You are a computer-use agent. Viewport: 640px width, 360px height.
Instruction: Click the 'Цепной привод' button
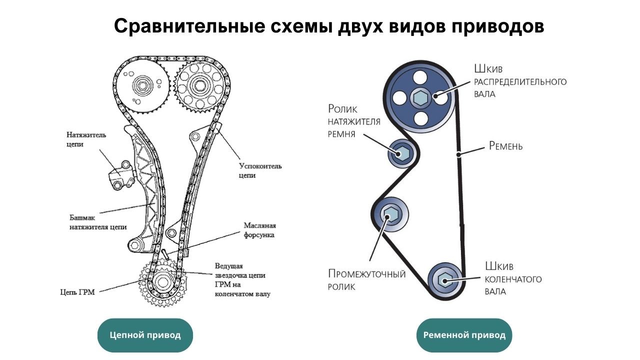pos(145,335)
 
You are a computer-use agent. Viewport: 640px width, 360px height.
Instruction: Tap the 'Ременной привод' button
pos(464,335)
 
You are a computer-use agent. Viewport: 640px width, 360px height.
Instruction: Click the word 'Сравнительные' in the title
pos(189,26)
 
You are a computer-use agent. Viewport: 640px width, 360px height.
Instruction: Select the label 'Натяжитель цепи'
pos(86,139)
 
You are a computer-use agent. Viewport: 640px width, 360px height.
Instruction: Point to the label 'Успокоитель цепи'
pos(260,170)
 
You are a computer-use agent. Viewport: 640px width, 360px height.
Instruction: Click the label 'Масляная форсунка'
pos(259,230)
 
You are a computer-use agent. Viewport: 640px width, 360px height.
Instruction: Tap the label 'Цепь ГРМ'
pos(77,292)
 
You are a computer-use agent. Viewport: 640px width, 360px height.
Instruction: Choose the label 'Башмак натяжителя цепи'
pos(98,222)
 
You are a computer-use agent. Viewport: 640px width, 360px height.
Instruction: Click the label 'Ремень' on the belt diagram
pos(505,146)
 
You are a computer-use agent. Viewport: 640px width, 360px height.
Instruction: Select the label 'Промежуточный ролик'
pos(366,279)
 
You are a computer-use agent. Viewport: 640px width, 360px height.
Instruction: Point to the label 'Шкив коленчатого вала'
pos(513,278)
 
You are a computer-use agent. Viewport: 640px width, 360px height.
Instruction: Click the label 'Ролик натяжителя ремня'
pos(354,121)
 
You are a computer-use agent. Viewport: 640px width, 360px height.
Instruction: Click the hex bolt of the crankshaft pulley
pos(444,280)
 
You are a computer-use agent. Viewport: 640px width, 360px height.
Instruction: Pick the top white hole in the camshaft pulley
pos(420,77)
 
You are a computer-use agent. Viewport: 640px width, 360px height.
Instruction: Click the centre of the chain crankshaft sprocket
pos(162,282)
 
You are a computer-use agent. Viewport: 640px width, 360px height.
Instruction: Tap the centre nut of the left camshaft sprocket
pos(141,85)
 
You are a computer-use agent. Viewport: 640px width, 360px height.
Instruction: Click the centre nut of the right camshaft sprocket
pos(199,85)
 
